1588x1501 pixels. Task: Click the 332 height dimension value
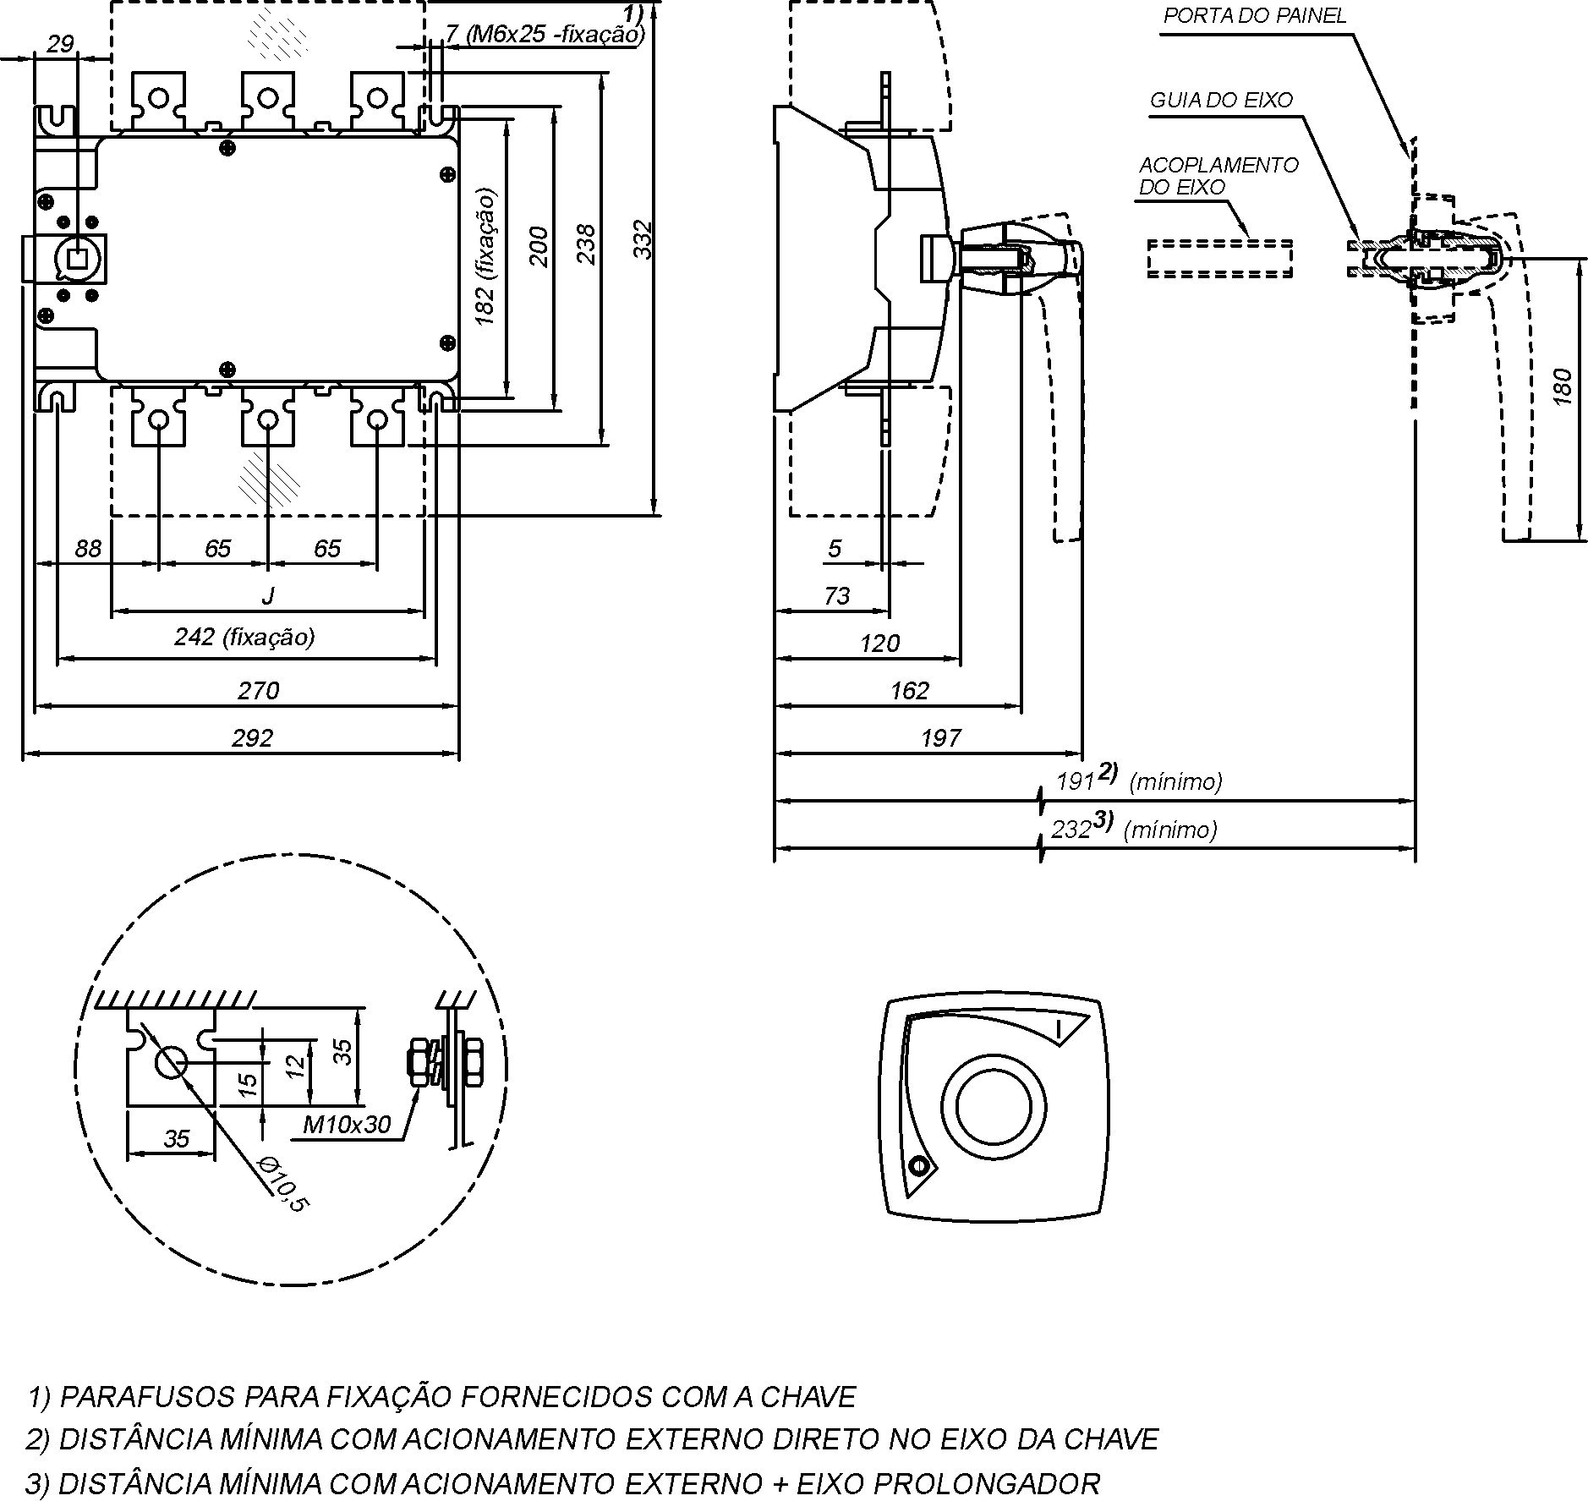pos(644,239)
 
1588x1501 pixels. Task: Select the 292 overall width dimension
pos(253,738)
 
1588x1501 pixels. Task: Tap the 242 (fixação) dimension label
pos(244,637)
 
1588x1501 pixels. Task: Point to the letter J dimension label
pos(268,596)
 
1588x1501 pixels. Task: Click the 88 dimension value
pos(88,549)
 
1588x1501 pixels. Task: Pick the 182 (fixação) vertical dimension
pos(485,256)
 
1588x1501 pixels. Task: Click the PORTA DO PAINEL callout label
pos(1255,16)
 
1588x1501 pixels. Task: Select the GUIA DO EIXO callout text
pos(1221,100)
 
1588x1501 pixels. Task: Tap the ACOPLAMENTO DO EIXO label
pos(1218,176)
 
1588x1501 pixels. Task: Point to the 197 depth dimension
pos(940,738)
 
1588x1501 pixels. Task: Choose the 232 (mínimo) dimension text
pos(1134,828)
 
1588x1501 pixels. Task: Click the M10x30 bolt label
pos(348,1124)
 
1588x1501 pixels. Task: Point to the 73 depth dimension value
pos(836,596)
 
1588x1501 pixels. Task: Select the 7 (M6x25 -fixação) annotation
pos(545,34)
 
